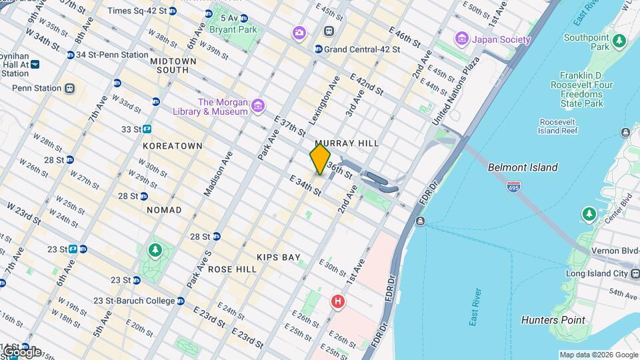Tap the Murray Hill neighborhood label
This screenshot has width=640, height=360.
point(347,143)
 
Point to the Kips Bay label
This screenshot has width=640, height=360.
point(279,257)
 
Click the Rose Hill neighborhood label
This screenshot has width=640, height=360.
point(232,269)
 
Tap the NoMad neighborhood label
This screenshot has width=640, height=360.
point(163,210)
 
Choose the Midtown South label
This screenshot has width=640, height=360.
point(173,65)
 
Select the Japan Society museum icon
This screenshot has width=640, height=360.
point(461,39)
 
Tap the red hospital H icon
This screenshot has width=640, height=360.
point(338,302)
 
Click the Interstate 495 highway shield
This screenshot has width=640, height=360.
point(513,187)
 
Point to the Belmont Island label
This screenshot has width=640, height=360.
point(523,167)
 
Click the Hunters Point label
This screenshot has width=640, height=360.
point(553,320)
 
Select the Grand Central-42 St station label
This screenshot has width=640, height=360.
point(361,49)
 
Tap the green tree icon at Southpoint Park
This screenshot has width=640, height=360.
point(619,41)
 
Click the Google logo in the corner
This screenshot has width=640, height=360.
point(21,351)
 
